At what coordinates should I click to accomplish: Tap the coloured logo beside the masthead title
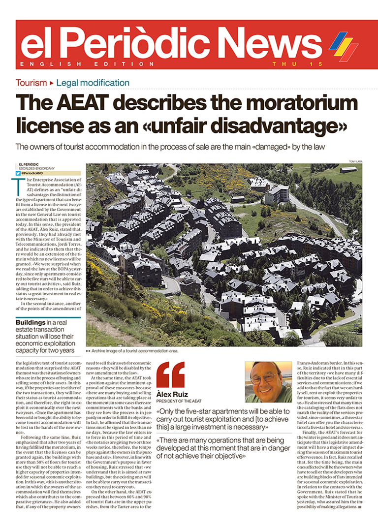pyautogui.click(x=343, y=45)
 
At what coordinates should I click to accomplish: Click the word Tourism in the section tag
pyautogui.click(x=31, y=83)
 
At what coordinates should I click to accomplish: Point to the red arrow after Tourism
pyautogui.click(x=52, y=83)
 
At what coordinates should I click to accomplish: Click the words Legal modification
pyautogui.click(x=93, y=83)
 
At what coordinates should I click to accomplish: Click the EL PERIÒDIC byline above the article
pyautogui.click(x=29, y=164)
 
